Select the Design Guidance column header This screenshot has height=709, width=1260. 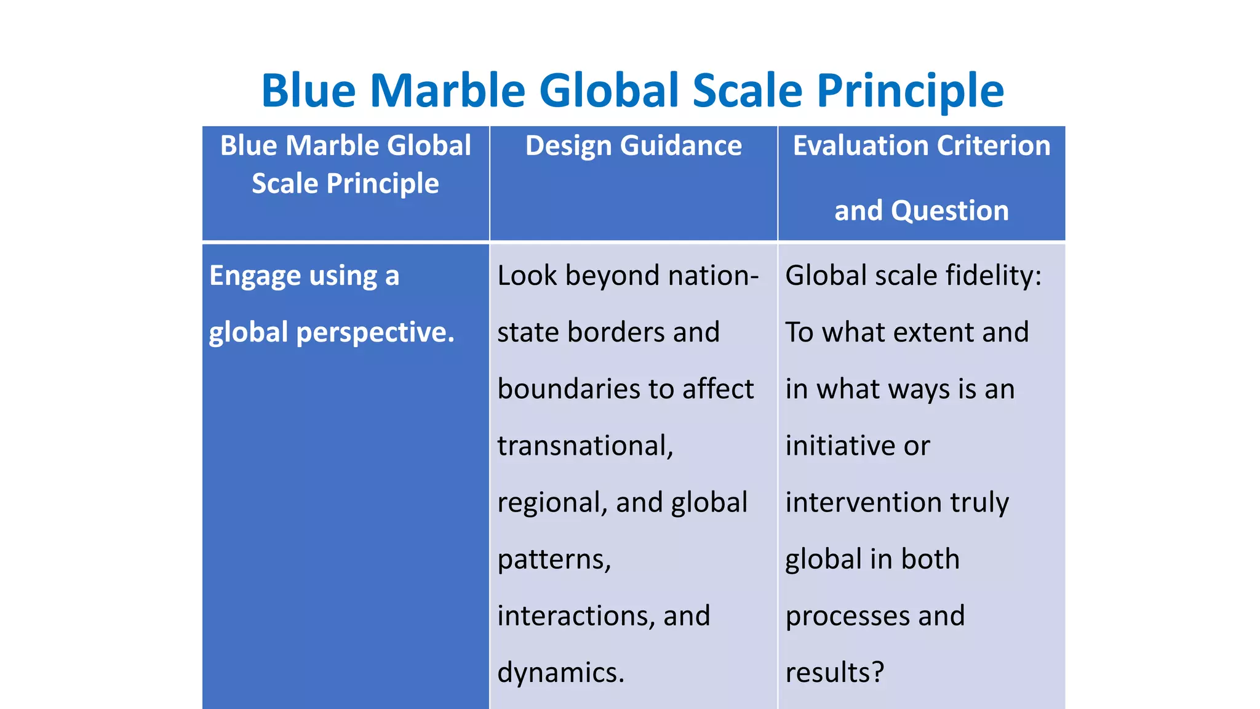pyautogui.click(x=633, y=146)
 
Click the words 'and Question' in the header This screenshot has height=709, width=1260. pyautogui.click(x=921, y=211)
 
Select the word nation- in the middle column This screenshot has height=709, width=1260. pyautogui.click(x=714, y=275)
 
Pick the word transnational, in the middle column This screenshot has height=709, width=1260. pyautogui.click(x=585, y=446)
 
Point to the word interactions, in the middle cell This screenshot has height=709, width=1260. pyautogui.click(x=576, y=616)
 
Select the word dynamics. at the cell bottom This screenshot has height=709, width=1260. pyautogui.click(x=560, y=673)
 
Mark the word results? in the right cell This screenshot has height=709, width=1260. pyautogui.click(x=834, y=673)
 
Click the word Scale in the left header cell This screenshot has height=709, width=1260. pyautogui.click(x=284, y=184)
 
